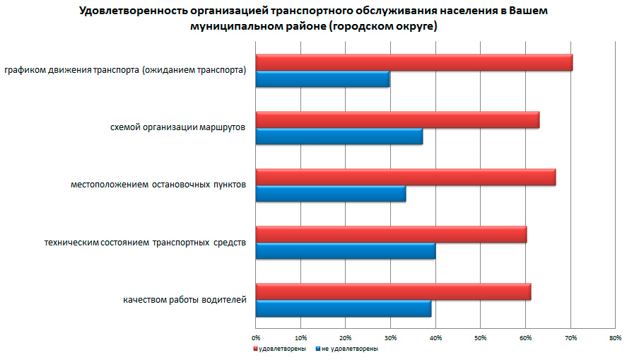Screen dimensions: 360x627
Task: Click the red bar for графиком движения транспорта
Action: point(414,62)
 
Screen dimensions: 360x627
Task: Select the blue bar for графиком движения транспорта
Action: point(322,79)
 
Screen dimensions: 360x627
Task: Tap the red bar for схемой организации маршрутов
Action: point(397,120)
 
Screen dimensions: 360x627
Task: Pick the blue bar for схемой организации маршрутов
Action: point(339,137)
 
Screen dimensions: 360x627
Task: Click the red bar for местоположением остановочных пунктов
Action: point(405,177)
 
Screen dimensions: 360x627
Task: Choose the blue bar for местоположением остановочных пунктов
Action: point(330,194)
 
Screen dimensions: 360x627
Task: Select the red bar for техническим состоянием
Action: point(391,234)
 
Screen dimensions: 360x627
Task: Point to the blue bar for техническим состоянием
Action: point(345,251)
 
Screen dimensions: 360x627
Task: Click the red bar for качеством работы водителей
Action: point(393,291)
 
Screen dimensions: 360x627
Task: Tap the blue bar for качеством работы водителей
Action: point(343,308)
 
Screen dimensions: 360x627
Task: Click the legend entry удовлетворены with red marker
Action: point(280,349)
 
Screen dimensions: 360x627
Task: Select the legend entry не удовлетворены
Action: point(346,349)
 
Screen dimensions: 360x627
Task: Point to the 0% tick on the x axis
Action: point(257,337)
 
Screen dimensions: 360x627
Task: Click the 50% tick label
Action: point(480,337)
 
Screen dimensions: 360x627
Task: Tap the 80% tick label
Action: point(614,337)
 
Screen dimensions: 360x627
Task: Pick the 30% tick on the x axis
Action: point(391,337)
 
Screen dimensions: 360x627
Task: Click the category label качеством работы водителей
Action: point(184,300)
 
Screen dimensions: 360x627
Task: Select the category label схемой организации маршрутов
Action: point(178,128)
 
